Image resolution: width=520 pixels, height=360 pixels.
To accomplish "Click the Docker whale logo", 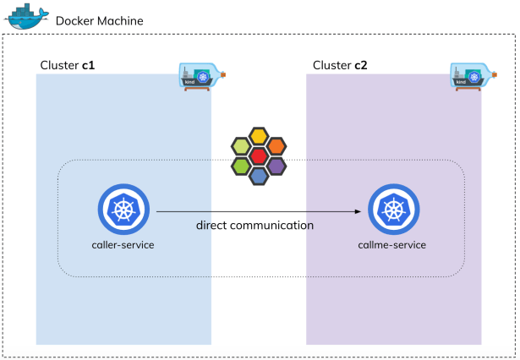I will [26, 17].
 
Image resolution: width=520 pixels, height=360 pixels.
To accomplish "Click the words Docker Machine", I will [99, 19].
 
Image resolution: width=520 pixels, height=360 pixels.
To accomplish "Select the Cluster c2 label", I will [340, 65].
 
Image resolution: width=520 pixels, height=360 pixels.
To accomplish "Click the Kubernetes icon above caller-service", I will [123, 210].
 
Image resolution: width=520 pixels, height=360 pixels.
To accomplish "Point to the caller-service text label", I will [123, 244].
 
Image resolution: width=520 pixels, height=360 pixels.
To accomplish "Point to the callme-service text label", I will [391, 244].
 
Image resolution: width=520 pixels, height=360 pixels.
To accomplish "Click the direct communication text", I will [255, 226].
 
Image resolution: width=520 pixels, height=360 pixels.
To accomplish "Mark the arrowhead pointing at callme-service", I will [361, 211].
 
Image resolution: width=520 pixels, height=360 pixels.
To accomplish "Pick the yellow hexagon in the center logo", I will [259, 137].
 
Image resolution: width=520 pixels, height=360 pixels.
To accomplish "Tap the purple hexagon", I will [276, 166].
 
